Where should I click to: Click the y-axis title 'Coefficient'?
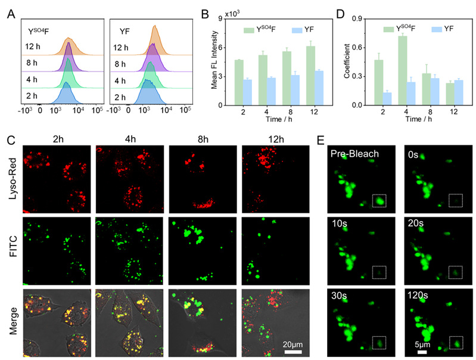(356, 61)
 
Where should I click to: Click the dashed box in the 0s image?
(457, 200)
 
